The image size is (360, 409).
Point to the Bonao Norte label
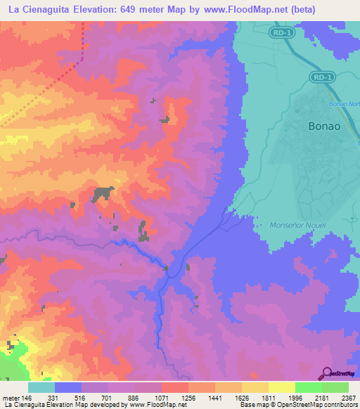pos(343,104)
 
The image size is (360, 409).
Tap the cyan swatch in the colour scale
pos(41,387)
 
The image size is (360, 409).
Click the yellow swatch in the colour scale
pos(281,387)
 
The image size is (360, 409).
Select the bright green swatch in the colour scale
pos(308,387)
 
